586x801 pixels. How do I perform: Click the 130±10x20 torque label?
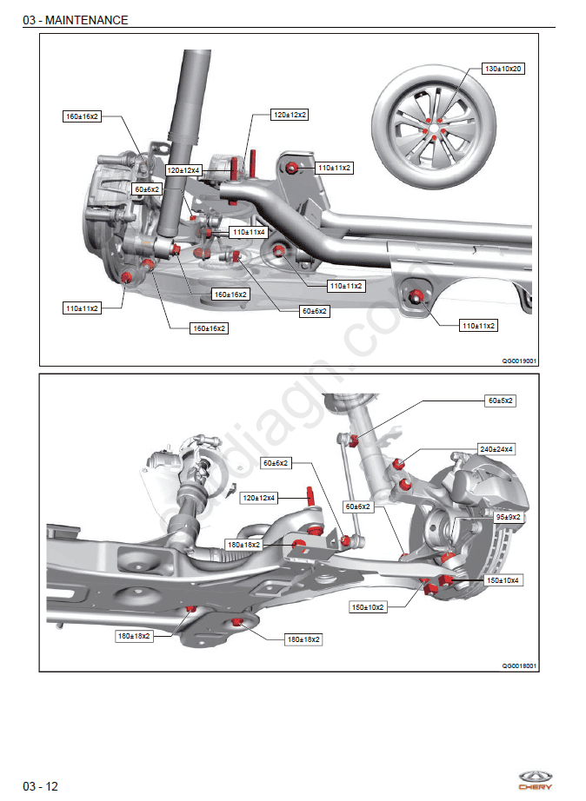click(503, 69)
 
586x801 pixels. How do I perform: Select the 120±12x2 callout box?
click(290, 115)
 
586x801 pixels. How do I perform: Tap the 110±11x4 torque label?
click(248, 232)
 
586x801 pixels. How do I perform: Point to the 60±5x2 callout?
click(500, 401)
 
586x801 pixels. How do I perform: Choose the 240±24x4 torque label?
click(496, 449)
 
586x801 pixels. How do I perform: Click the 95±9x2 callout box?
click(508, 517)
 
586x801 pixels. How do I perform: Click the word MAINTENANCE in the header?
click(86, 20)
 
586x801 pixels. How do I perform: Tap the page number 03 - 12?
click(41, 786)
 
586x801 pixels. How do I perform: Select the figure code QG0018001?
click(519, 665)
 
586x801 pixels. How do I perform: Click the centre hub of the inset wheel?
click(432, 129)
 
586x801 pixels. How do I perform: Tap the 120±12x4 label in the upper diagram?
click(183, 170)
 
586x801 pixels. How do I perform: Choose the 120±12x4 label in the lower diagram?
click(259, 498)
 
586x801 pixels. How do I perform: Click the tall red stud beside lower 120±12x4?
click(309, 496)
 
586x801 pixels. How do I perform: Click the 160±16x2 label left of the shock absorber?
click(83, 116)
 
